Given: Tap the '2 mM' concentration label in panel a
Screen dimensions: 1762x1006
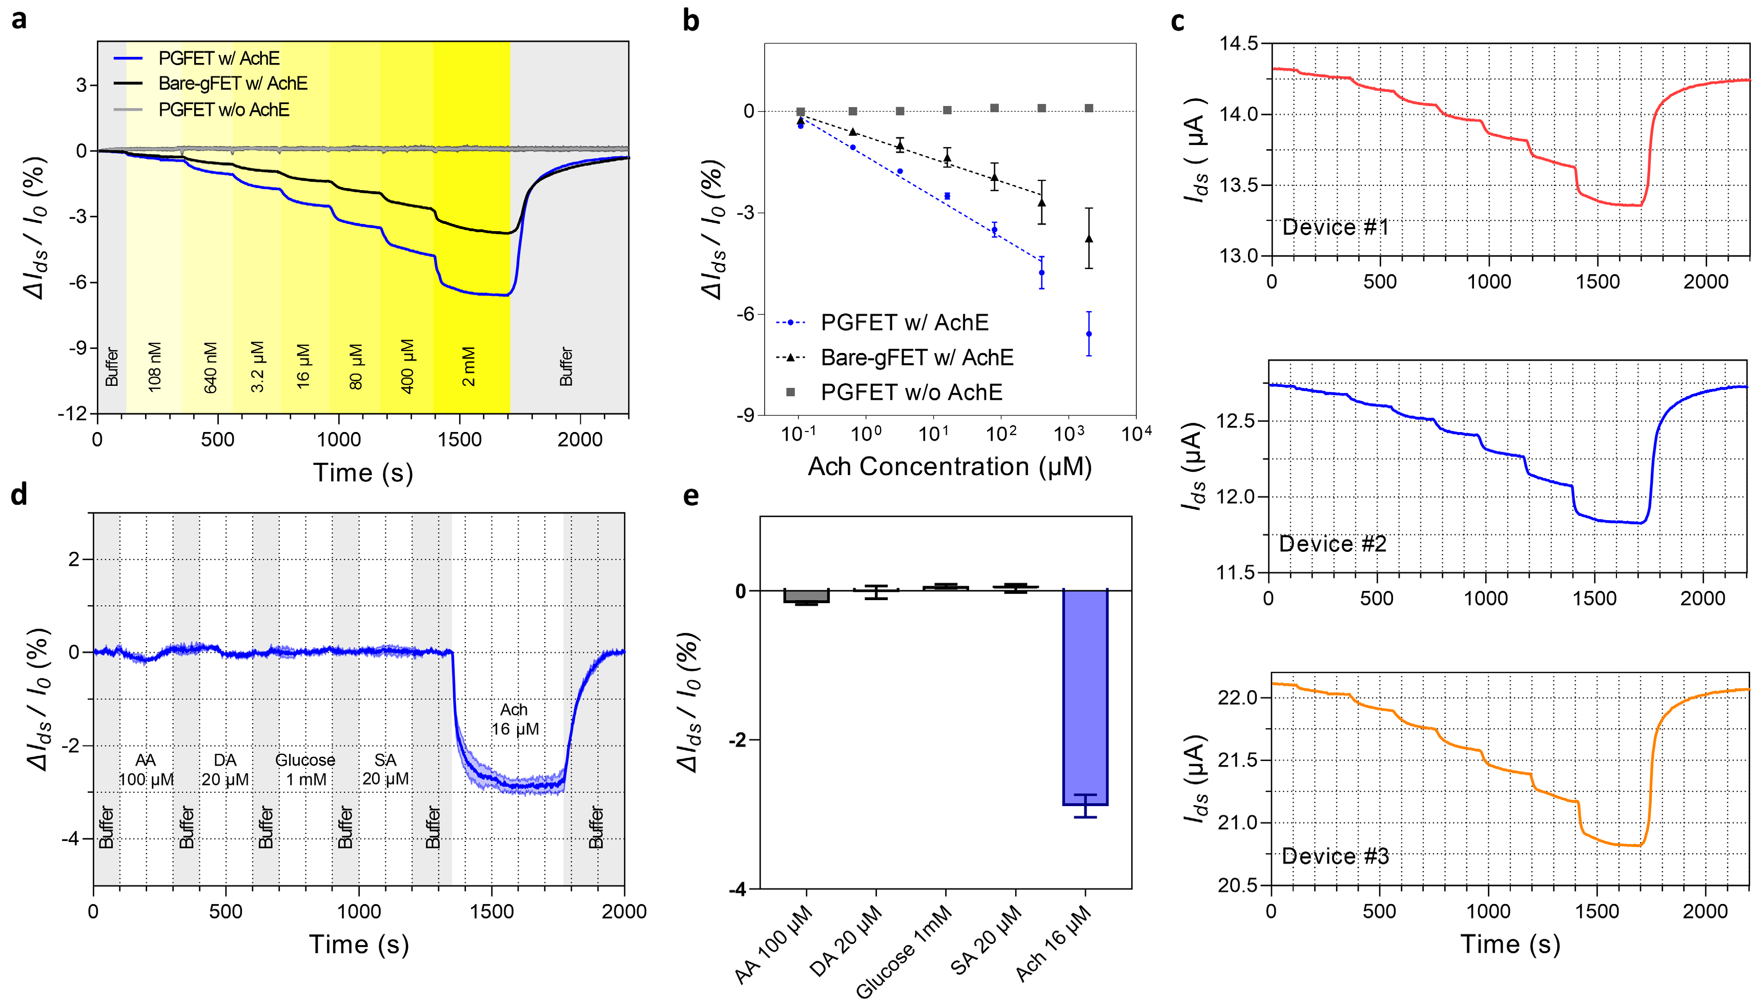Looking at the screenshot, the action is point(468,367).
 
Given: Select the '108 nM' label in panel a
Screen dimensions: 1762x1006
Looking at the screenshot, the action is point(154,367).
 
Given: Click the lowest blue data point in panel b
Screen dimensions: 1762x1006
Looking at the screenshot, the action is point(1089,334).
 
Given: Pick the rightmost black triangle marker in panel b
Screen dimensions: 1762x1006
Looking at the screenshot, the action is point(1089,239).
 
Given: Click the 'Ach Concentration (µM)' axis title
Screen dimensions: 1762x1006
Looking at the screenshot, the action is point(949,467).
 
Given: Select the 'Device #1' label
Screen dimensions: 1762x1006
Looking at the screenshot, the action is point(1335,228).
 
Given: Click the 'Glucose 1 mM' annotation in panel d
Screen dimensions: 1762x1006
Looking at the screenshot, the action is point(305,770).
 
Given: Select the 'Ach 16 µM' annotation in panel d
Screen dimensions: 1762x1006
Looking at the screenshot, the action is point(515,719).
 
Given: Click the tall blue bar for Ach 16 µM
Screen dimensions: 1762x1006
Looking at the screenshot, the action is point(1085,697).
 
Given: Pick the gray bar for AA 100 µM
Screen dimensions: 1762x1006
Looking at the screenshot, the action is point(806,597).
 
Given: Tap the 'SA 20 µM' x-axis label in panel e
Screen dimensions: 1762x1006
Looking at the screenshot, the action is point(987,940).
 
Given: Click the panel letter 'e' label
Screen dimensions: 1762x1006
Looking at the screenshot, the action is point(691,496).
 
